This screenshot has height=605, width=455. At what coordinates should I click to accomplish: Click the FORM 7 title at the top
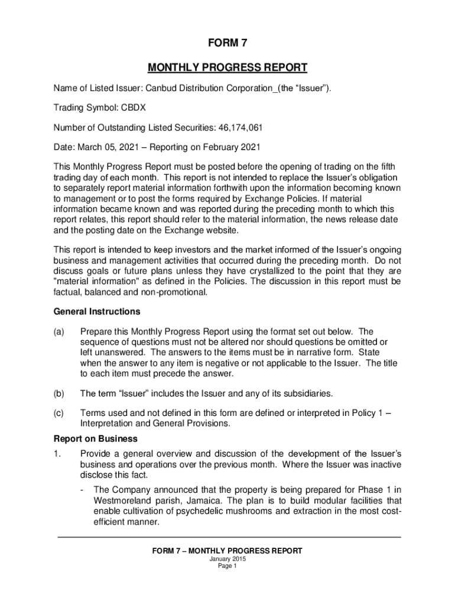[227, 43]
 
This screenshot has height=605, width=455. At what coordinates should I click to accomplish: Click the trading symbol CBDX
[134, 108]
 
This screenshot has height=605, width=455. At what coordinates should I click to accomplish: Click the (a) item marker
[60, 331]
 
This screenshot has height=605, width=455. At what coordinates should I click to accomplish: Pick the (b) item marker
[60, 393]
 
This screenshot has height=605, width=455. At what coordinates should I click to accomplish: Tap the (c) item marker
[60, 414]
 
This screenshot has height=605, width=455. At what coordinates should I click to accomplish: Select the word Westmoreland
[122, 500]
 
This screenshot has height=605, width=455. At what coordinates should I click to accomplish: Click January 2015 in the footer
[227, 559]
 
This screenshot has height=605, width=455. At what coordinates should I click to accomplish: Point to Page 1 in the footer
[227, 566]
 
